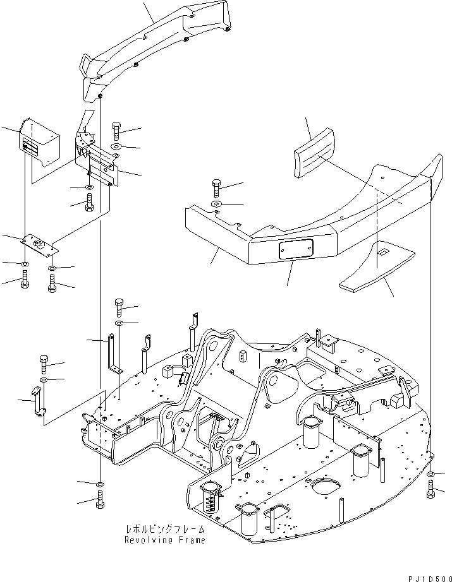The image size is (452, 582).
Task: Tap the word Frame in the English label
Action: tap(189, 540)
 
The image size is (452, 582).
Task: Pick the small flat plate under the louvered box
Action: tap(39, 242)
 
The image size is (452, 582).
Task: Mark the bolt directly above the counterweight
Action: tap(217, 187)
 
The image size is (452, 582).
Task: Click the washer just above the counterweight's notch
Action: tap(216, 205)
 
